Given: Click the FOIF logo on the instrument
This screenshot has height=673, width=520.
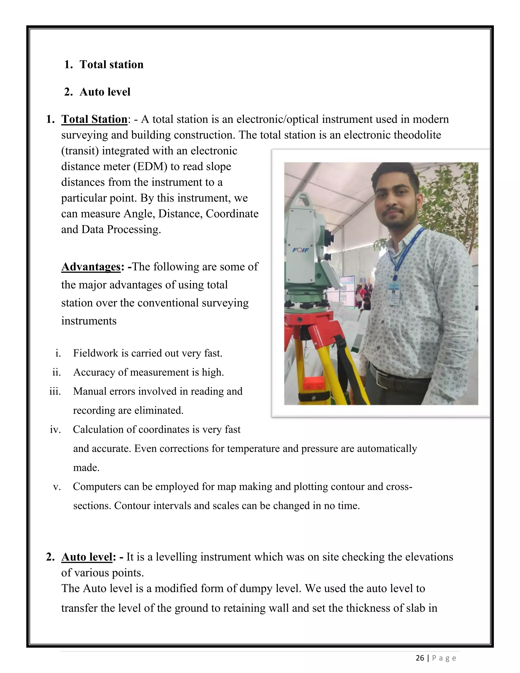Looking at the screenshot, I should click(300, 250).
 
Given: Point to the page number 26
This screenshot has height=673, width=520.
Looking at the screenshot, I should click(420, 658).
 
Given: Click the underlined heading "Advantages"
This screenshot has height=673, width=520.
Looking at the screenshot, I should click(91, 267).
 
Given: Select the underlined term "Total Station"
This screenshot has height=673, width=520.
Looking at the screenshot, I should click(94, 119).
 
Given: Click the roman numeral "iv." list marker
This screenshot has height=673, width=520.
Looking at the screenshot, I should click(55, 429).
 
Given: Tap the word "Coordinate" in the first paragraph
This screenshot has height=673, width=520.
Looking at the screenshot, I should click(232, 214).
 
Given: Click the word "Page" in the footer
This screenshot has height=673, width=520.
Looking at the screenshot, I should click(444, 658).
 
